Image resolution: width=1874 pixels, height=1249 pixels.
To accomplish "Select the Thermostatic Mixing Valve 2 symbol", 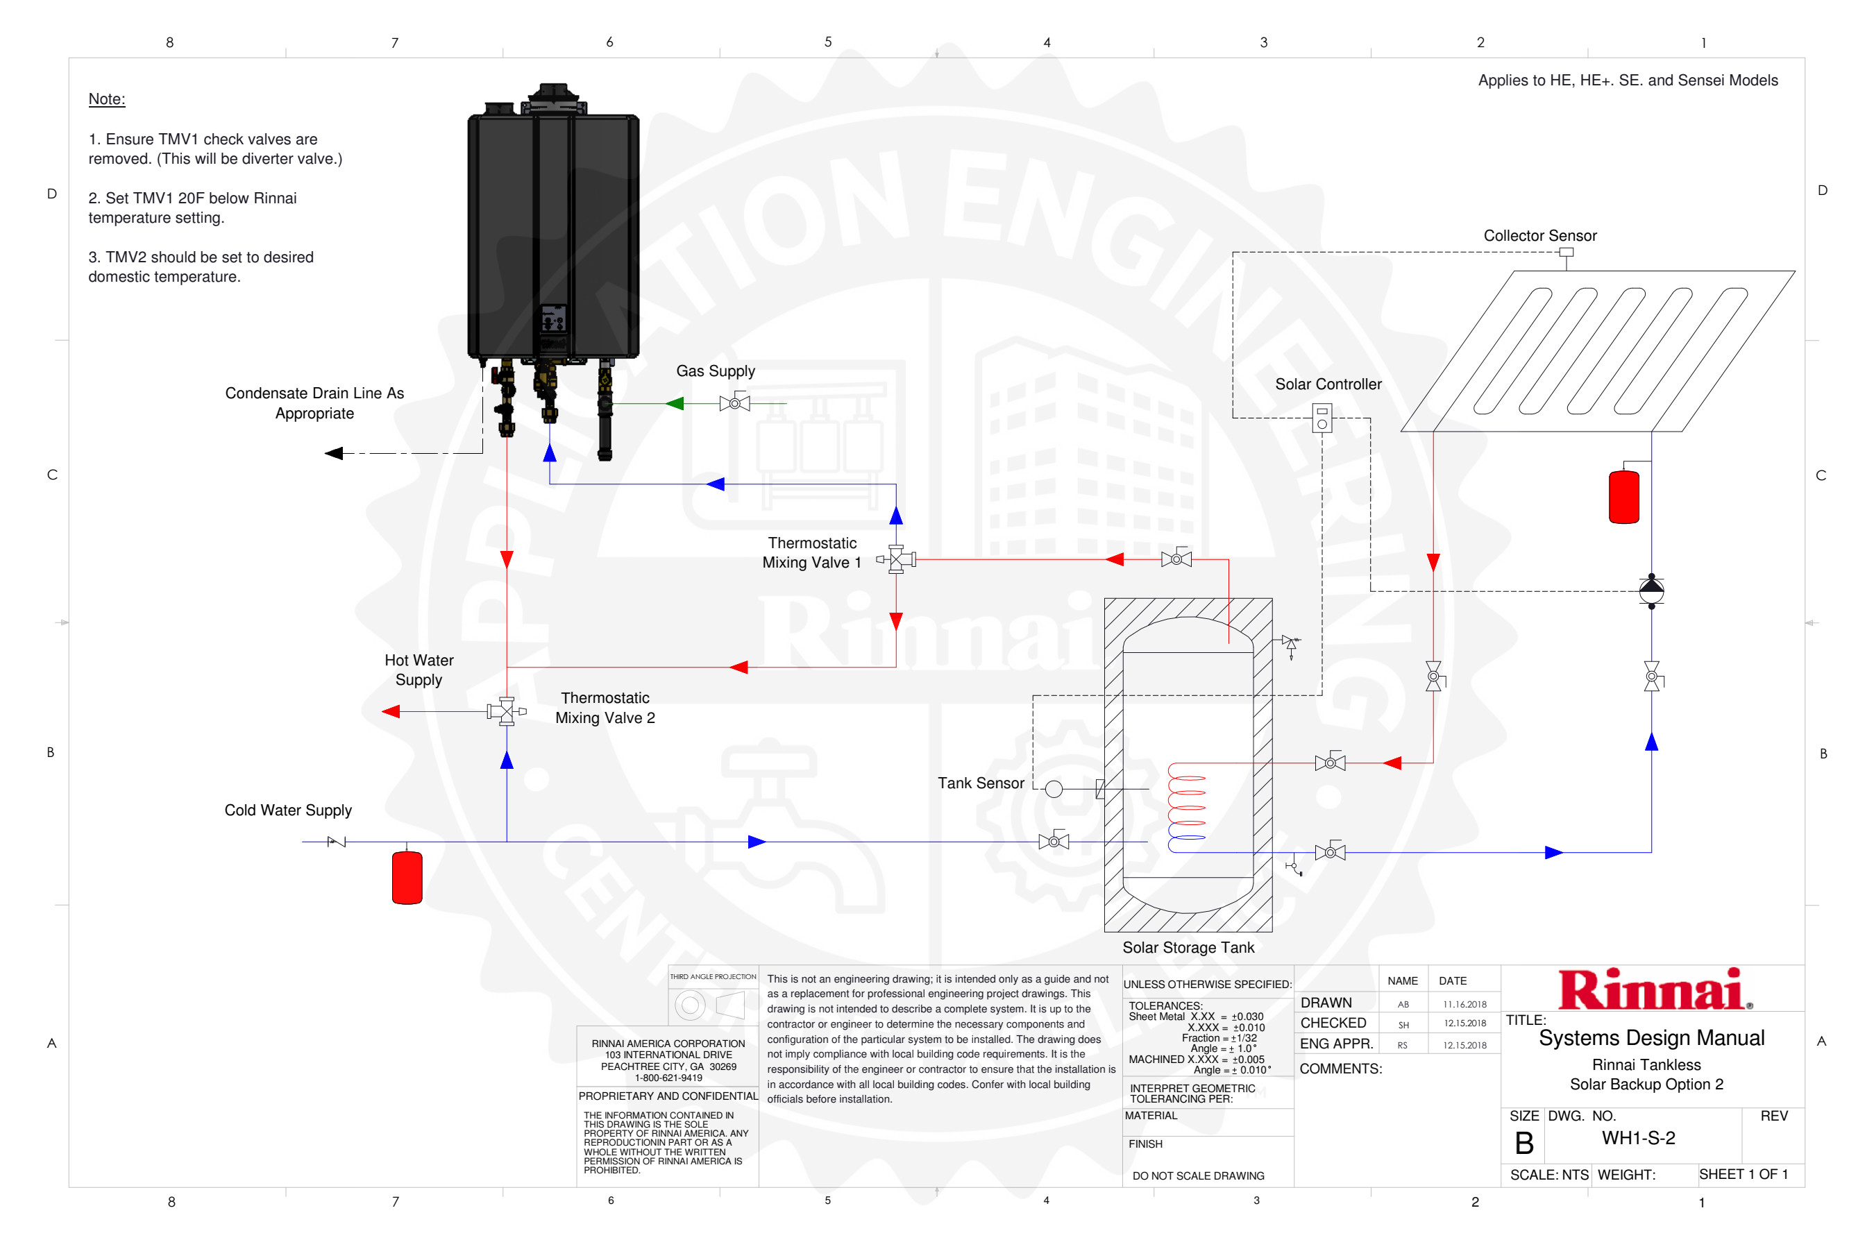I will [x=506, y=711].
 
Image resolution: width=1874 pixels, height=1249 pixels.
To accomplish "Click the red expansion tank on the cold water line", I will [x=407, y=878].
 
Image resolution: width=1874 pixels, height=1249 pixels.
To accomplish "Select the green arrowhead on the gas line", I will [x=675, y=404].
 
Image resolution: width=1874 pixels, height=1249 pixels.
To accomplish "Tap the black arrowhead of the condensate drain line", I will [x=335, y=453].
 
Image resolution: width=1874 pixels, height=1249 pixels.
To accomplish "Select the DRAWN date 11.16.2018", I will [x=1464, y=1005].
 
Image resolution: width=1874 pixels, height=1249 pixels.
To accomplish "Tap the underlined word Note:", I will [x=107, y=99].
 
